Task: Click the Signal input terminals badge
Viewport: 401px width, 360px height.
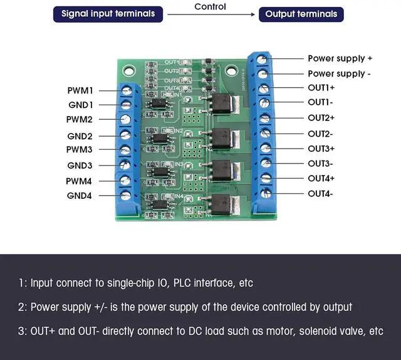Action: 108,14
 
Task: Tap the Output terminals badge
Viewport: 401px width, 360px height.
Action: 301,14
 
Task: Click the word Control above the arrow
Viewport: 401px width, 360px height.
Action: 211,7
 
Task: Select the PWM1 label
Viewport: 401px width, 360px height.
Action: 80,90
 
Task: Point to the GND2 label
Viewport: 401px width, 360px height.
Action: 80,136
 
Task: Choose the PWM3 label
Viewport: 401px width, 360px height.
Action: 80,149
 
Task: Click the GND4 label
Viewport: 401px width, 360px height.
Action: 80,196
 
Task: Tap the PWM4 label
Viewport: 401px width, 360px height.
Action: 80,181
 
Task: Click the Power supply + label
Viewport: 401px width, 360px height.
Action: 340,58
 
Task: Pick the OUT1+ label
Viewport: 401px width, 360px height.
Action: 321,87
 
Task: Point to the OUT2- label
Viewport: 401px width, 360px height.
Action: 320,134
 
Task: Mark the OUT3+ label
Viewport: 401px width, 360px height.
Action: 321,149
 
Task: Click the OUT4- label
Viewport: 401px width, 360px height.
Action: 320,194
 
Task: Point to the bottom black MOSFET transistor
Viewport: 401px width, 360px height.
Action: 222,203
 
